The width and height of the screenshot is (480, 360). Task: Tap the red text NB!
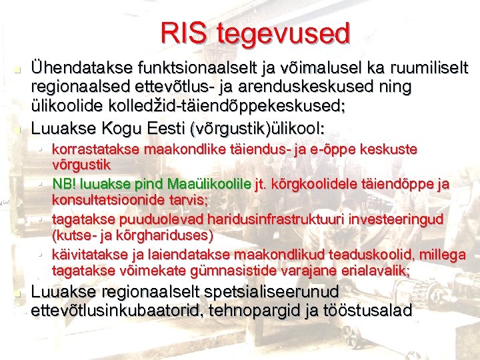(x=65, y=183)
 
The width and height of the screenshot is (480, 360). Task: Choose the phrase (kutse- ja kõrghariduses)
(x=133, y=235)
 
